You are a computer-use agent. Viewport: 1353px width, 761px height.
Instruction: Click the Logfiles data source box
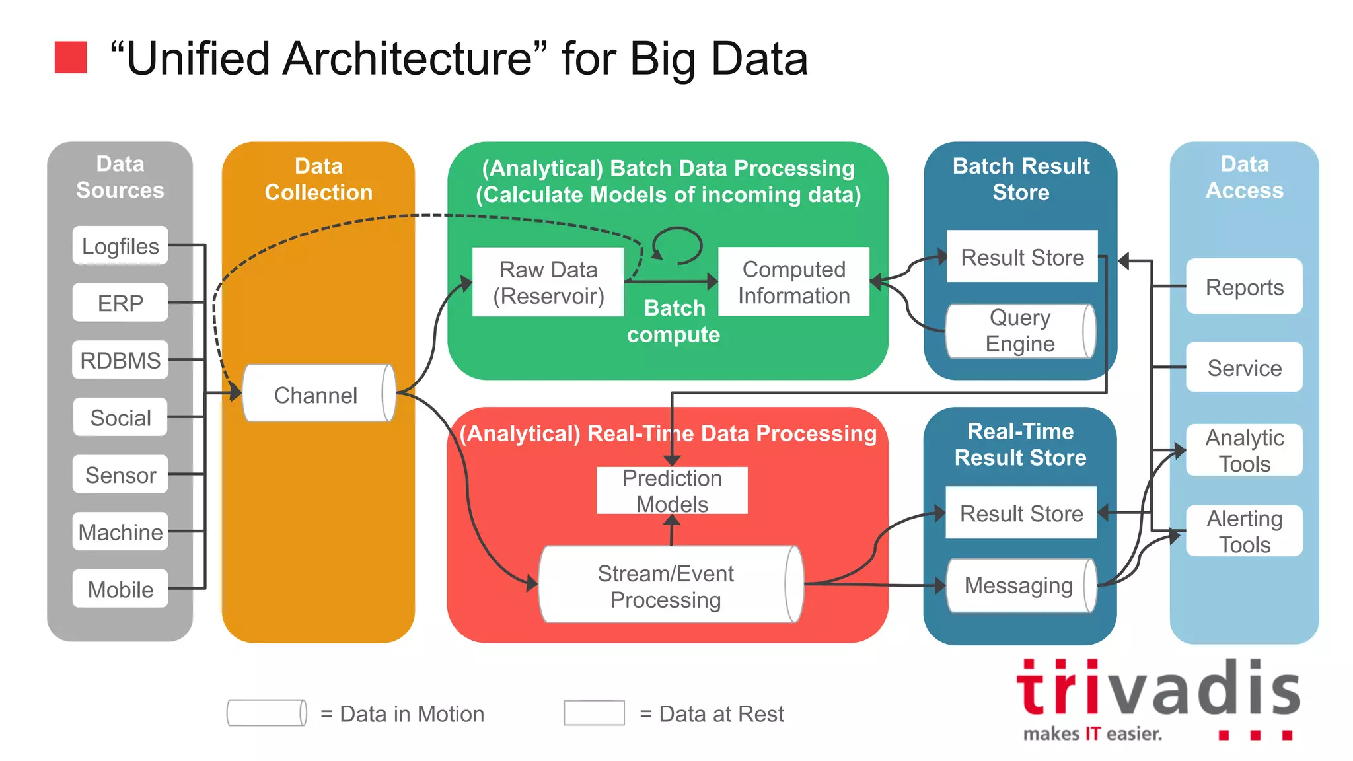pos(120,246)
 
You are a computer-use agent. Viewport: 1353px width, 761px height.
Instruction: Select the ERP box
pos(120,303)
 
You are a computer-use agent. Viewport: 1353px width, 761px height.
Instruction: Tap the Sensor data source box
pos(120,474)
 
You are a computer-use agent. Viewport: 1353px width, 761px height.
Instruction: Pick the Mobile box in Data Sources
pos(120,589)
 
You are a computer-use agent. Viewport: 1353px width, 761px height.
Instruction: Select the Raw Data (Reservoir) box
pos(548,283)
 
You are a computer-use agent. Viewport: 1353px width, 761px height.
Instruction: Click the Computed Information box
pos(793,282)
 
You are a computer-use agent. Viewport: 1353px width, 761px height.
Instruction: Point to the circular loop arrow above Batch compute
pos(678,245)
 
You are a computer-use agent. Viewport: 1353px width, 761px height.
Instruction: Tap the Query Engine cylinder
pos(1019,331)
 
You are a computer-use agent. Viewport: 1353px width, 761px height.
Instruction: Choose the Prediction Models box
pos(672,490)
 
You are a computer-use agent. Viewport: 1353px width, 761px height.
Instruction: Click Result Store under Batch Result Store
pos(1022,256)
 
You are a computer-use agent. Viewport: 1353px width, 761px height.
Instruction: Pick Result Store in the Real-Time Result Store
pos(1021,513)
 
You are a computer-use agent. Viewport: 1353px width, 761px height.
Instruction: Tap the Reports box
pos(1244,287)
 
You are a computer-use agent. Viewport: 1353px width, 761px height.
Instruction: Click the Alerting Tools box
pos(1244,531)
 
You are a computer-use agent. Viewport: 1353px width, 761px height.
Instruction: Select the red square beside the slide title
pos(71,57)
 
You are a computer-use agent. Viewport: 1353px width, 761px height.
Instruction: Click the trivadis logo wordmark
pos(1157,690)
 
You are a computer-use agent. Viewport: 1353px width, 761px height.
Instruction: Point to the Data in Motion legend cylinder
pos(267,713)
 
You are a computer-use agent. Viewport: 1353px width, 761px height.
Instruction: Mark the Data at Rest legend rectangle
pos(594,713)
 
